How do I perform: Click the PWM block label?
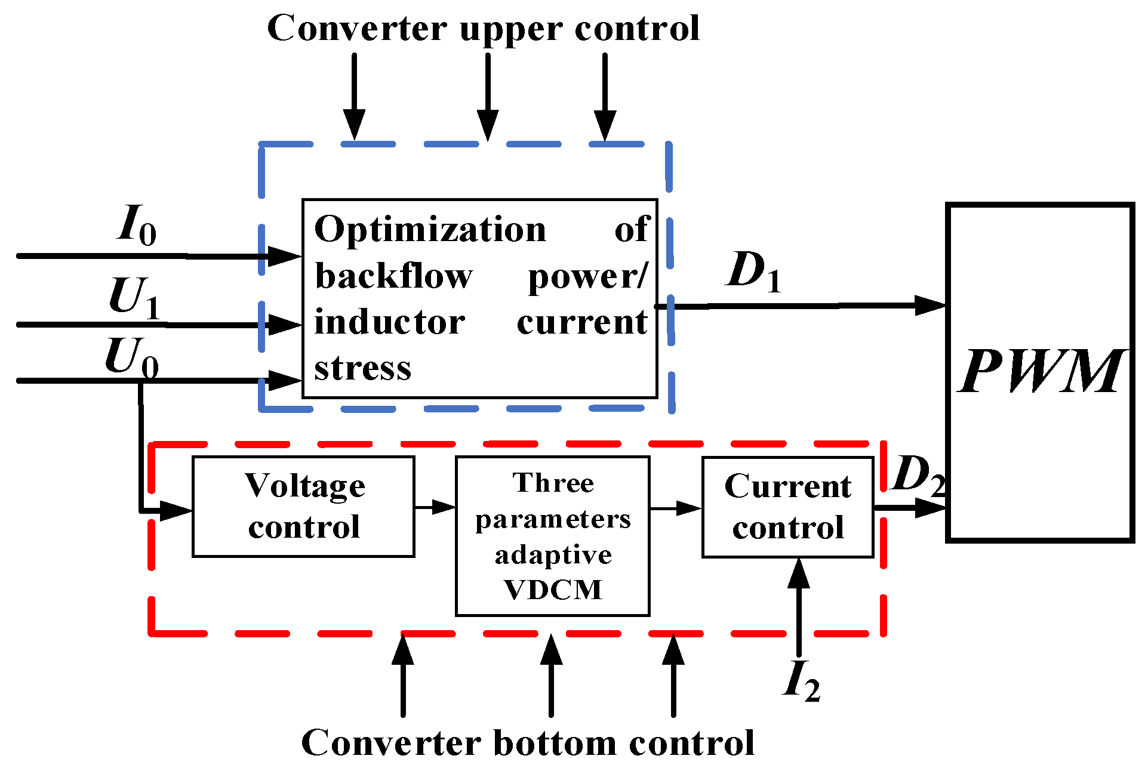[x=1042, y=371]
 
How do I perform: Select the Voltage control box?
[x=303, y=507]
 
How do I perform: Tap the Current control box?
[x=787, y=507]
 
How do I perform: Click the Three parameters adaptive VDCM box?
[x=552, y=536]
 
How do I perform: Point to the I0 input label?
[x=137, y=225]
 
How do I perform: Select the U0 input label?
[x=132, y=357]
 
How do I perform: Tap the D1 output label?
[x=754, y=272]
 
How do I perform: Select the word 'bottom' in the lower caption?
[x=555, y=743]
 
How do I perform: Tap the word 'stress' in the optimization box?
[x=362, y=368]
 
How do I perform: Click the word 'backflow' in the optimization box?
[x=393, y=276]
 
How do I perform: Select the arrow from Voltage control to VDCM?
[x=435, y=507]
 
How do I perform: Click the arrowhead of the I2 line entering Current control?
[x=799, y=573]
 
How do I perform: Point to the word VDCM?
[x=553, y=590]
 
